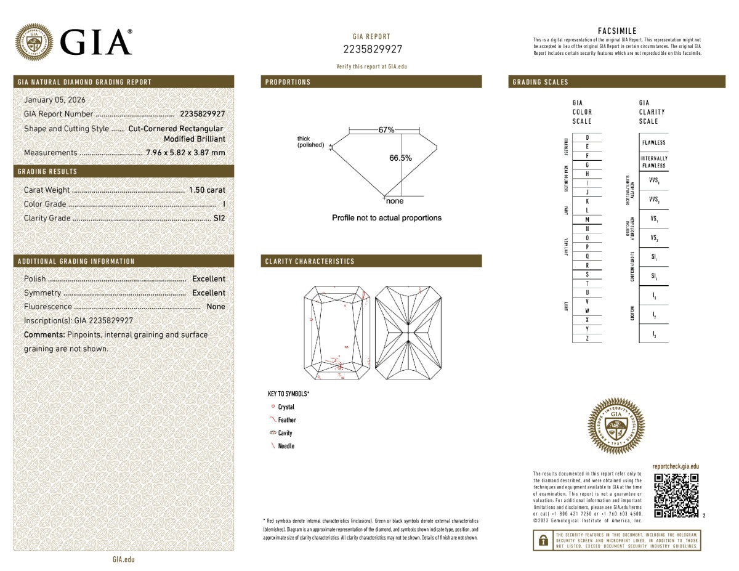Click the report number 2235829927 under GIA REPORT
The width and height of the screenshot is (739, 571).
coord(372,49)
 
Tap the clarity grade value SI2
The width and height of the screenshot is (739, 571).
coord(219,217)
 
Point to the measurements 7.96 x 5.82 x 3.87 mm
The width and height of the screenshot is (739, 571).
coord(185,153)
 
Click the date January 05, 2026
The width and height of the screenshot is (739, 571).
coord(54,100)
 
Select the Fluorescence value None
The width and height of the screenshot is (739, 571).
coord(216,307)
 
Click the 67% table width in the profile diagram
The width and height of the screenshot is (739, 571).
coord(386,130)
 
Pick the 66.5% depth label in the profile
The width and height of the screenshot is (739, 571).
coord(400,158)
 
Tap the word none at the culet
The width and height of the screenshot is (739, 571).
coord(395,201)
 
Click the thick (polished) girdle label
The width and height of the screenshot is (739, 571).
coord(310,142)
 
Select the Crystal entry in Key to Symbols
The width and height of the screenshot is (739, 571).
coord(286,407)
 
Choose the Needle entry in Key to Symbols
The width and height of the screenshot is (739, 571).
coord(286,446)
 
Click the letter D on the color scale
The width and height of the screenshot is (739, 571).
coord(587,137)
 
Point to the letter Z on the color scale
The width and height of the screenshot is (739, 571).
coord(587,338)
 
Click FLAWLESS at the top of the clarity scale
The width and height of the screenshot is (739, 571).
coord(653,143)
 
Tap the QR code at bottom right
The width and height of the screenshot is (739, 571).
coord(676,495)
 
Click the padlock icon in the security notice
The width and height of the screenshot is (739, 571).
coord(543,540)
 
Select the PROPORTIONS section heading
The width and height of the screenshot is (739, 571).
coord(288,82)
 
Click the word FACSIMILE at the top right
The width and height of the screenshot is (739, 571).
coord(617,31)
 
